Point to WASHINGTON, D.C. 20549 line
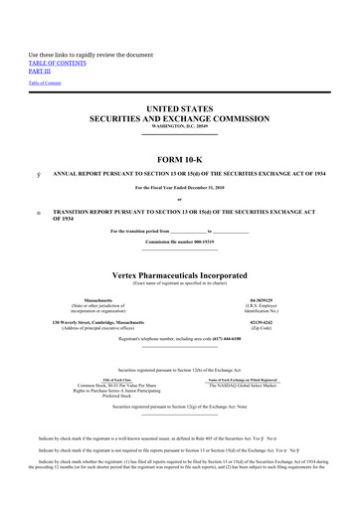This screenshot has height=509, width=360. point(180,127)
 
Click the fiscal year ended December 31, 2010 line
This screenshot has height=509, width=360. point(180,188)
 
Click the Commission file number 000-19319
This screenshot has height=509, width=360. point(180,242)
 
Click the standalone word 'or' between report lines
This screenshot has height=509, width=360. point(180,199)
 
